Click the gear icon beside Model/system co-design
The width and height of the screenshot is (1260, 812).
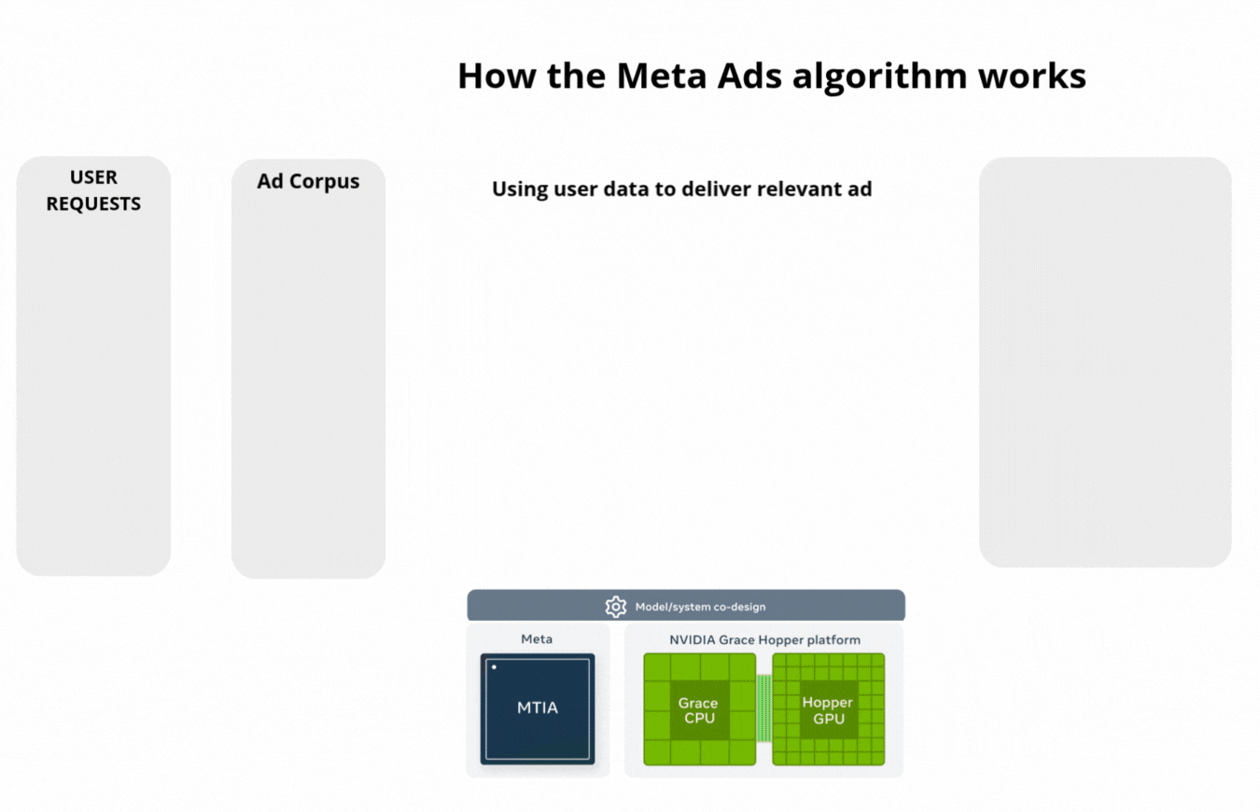point(616,607)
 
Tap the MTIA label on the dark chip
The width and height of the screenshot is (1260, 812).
point(538,707)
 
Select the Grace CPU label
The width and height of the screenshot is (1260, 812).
point(698,711)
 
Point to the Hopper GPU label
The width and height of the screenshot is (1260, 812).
point(828,711)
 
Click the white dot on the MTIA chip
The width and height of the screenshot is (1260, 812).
point(494,667)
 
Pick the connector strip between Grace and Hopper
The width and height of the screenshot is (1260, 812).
point(763,707)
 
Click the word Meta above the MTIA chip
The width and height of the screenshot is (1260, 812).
point(537,639)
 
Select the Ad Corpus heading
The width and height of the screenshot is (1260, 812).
point(308,181)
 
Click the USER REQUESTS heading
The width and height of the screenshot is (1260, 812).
point(93,190)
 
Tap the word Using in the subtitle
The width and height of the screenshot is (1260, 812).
point(519,189)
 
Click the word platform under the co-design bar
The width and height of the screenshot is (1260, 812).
point(834,640)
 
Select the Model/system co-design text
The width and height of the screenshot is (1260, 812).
point(700,607)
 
